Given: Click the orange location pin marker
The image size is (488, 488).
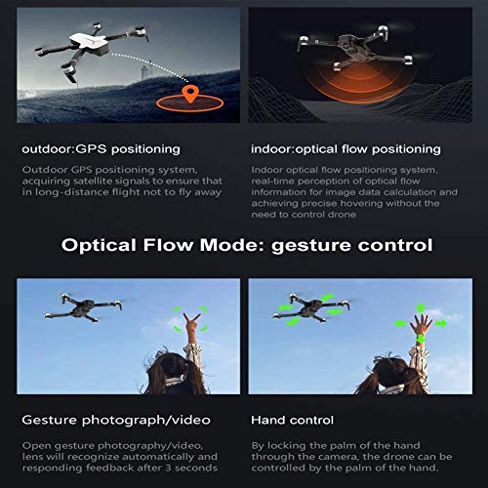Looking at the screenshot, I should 191,94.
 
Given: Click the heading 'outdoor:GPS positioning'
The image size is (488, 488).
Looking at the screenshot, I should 101,149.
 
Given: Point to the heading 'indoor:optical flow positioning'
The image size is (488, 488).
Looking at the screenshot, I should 345,149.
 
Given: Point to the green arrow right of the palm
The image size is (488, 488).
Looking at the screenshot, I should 441,322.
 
